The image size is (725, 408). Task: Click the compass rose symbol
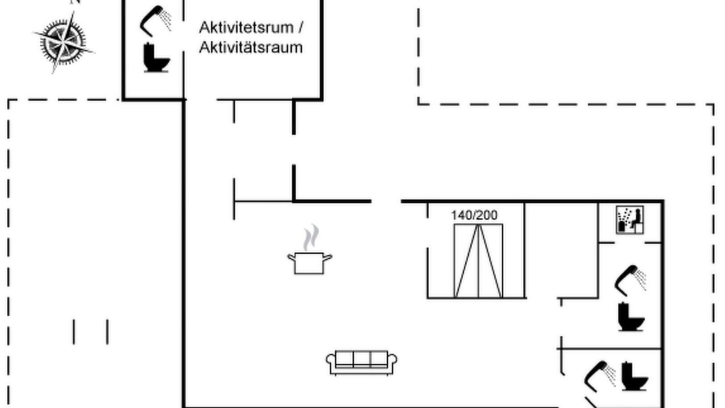coord(64,42)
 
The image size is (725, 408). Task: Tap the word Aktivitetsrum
coord(246,28)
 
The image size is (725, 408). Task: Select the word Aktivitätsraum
coord(251,48)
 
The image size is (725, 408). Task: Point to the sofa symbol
coord(361,363)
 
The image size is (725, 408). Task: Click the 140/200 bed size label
coord(474,215)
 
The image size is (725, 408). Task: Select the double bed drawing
coord(479,261)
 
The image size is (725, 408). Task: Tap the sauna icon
coord(629,220)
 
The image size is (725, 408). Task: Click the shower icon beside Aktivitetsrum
coord(155,21)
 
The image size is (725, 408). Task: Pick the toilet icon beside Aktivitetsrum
coord(156,58)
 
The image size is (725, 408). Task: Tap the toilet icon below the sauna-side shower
coord(631,317)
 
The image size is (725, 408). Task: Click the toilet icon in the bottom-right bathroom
coord(635,376)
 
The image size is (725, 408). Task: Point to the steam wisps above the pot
coord(311,237)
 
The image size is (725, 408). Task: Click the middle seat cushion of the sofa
coord(361,359)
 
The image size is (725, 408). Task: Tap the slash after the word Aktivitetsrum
coord(300,28)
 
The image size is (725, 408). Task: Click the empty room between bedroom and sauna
coord(561,250)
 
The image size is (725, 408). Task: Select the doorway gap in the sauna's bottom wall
coord(629,243)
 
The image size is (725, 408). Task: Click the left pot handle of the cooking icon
coord(292,258)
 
